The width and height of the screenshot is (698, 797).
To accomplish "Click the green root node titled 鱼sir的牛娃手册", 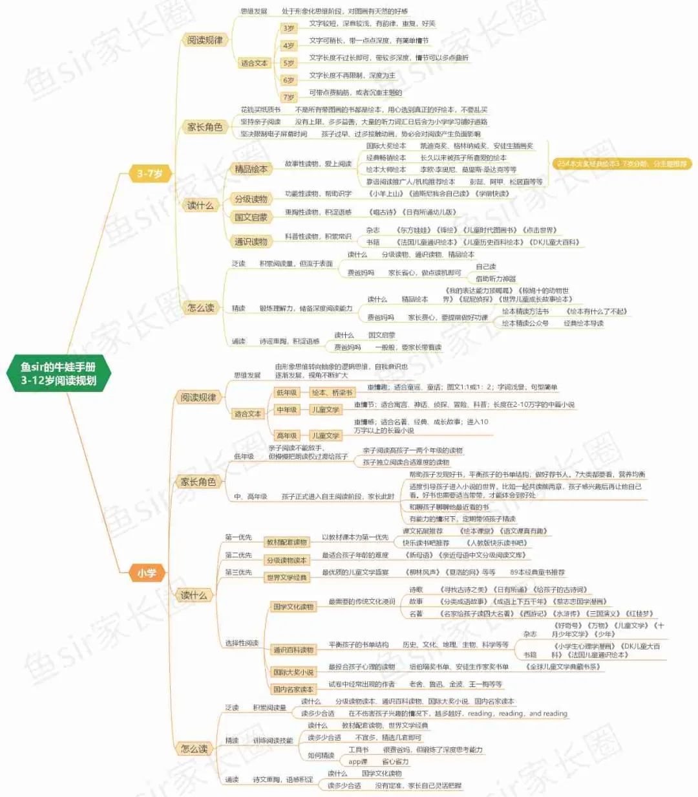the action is tap(58, 374).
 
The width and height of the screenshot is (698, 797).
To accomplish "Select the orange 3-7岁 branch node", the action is tap(149, 173).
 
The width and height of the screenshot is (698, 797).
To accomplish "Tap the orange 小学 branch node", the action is tap(146, 573).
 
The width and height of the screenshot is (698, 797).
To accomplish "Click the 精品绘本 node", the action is tap(251, 169).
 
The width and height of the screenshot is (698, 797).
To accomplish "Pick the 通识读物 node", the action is tap(251, 241).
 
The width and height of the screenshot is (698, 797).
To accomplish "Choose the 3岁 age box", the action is tap(288, 28).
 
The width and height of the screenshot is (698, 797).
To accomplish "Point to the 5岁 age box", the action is tap(288, 63).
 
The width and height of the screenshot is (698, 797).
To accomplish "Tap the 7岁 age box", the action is tap(288, 97).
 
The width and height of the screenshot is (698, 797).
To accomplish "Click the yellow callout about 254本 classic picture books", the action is tap(621, 164).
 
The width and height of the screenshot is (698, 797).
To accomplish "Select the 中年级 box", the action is tap(286, 409).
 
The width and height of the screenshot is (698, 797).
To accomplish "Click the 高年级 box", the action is tap(286, 435).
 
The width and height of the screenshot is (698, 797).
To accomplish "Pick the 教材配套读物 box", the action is tap(286, 542).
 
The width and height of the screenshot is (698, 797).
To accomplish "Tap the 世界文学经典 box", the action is tap(286, 577).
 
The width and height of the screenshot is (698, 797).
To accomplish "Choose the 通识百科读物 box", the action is tap(293, 650).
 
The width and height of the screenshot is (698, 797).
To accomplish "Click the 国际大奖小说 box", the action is tap(293, 672).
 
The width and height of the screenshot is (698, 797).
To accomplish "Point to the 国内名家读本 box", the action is tap(293, 689).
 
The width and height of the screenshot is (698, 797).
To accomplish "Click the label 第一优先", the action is tap(238, 538).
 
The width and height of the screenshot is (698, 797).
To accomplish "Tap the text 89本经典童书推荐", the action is tap(537, 573).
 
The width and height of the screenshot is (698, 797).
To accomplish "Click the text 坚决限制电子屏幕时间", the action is tap(273, 134).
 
